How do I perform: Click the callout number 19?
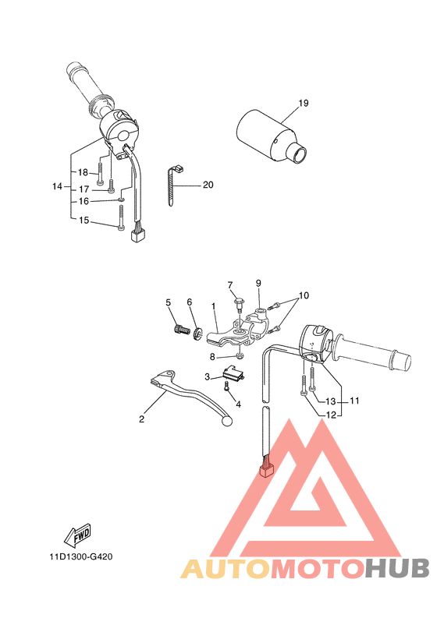click(x=303, y=103)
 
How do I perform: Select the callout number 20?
click(x=208, y=185)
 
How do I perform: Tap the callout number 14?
click(x=56, y=186)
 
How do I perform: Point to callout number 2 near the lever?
click(x=141, y=419)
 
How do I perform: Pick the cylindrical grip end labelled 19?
click(x=269, y=130)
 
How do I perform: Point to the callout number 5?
click(x=168, y=302)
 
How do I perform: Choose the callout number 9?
click(x=258, y=283)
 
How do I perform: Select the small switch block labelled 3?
click(x=233, y=374)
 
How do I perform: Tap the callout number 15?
click(x=83, y=221)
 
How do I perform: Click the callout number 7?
click(x=230, y=284)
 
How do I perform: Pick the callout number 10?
click(x=304, y=295)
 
